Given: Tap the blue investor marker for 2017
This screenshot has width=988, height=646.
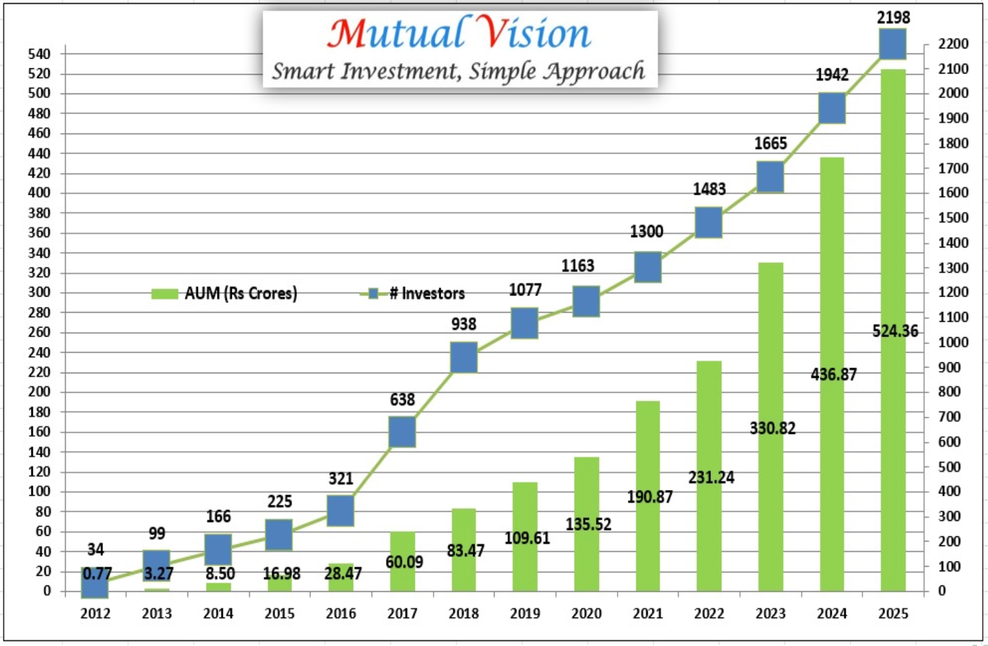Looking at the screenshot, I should [x=402, y=431].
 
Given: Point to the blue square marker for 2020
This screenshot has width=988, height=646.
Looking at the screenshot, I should [x=586, y=301].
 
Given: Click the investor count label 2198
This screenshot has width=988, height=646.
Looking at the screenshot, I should [x=893, y=17].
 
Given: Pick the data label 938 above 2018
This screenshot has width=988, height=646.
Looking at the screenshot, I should [x=464, y=324].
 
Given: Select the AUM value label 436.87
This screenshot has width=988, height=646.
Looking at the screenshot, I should [x=833, y=374].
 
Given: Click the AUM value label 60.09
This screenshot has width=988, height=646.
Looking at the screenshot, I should [x=404, y=562].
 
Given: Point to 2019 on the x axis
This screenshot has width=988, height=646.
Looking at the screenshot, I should [x=525, y=613].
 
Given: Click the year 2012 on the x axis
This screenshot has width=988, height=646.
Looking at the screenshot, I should [x=95, y=613].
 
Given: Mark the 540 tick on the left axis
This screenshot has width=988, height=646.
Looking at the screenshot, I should [x=39, y=54].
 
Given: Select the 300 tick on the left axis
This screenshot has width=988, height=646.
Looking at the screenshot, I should [x=39, y=292].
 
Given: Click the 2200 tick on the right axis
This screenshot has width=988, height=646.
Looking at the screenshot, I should [x=953, y=44].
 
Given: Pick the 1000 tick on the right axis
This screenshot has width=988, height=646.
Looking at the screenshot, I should [x=953, y=342].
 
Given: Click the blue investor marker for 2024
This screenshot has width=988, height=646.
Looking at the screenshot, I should [x=831, y=108].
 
